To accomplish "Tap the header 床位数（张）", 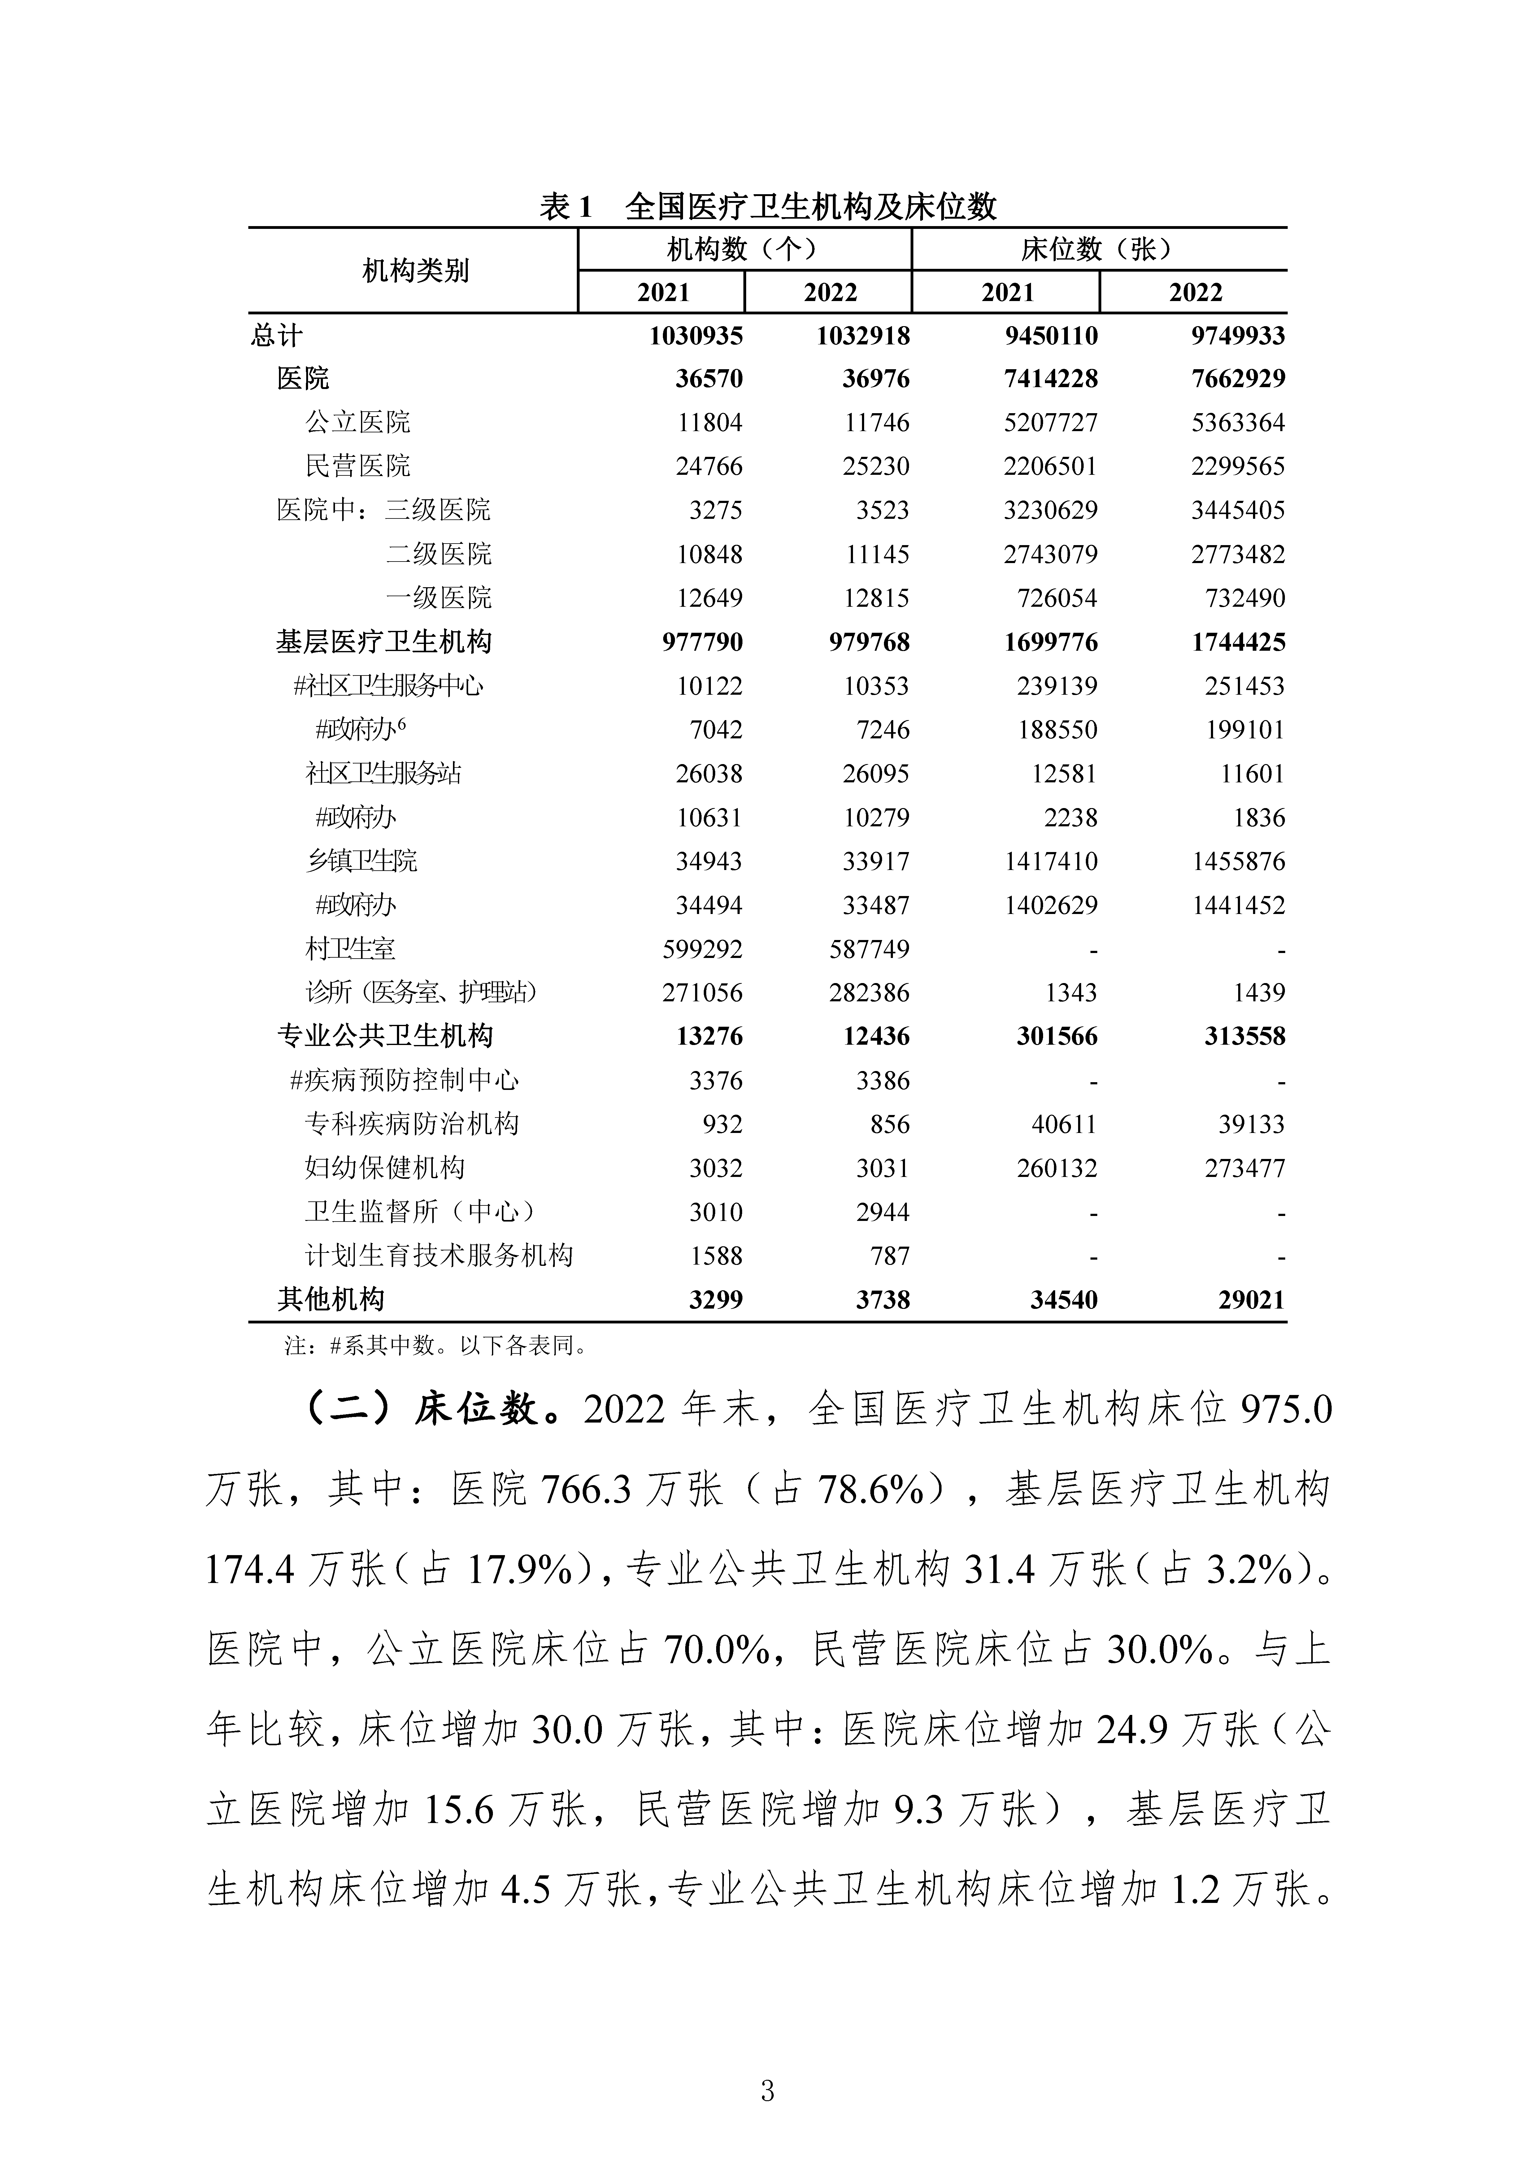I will point(1098,250).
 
